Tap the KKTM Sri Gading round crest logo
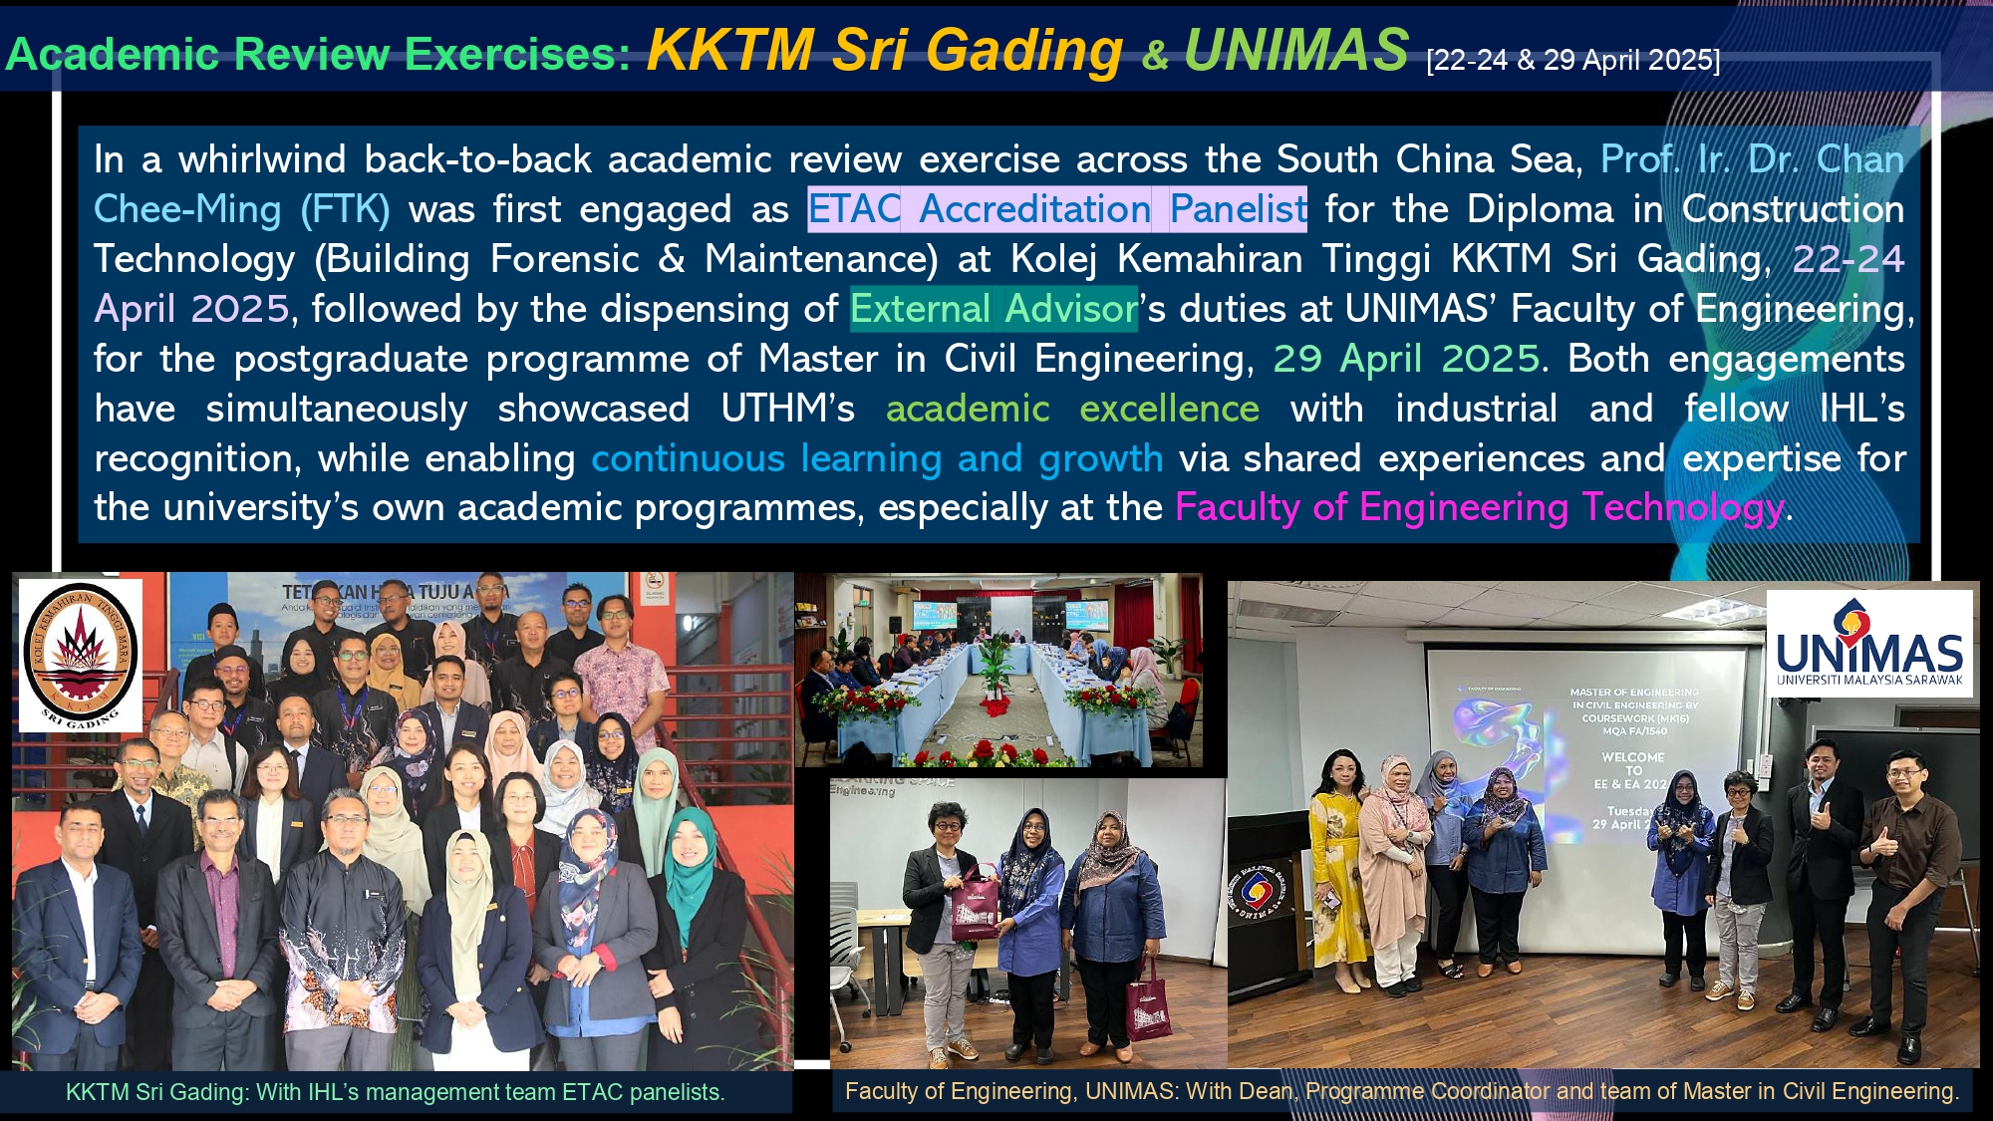click(80, 654)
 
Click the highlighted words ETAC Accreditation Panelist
click(1056, 209)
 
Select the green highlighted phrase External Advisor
click(994, 309)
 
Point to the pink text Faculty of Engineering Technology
click(1479, 508)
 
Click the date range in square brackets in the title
click(1572, 61)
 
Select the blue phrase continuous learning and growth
click(877, 458)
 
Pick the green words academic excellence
click(1072, 409)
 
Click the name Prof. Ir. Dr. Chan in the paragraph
click(1752, 159)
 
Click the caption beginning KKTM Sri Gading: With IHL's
click(395, 1092)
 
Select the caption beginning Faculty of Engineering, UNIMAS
click(1401, 1091)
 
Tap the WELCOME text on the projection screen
click(1633, 757)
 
